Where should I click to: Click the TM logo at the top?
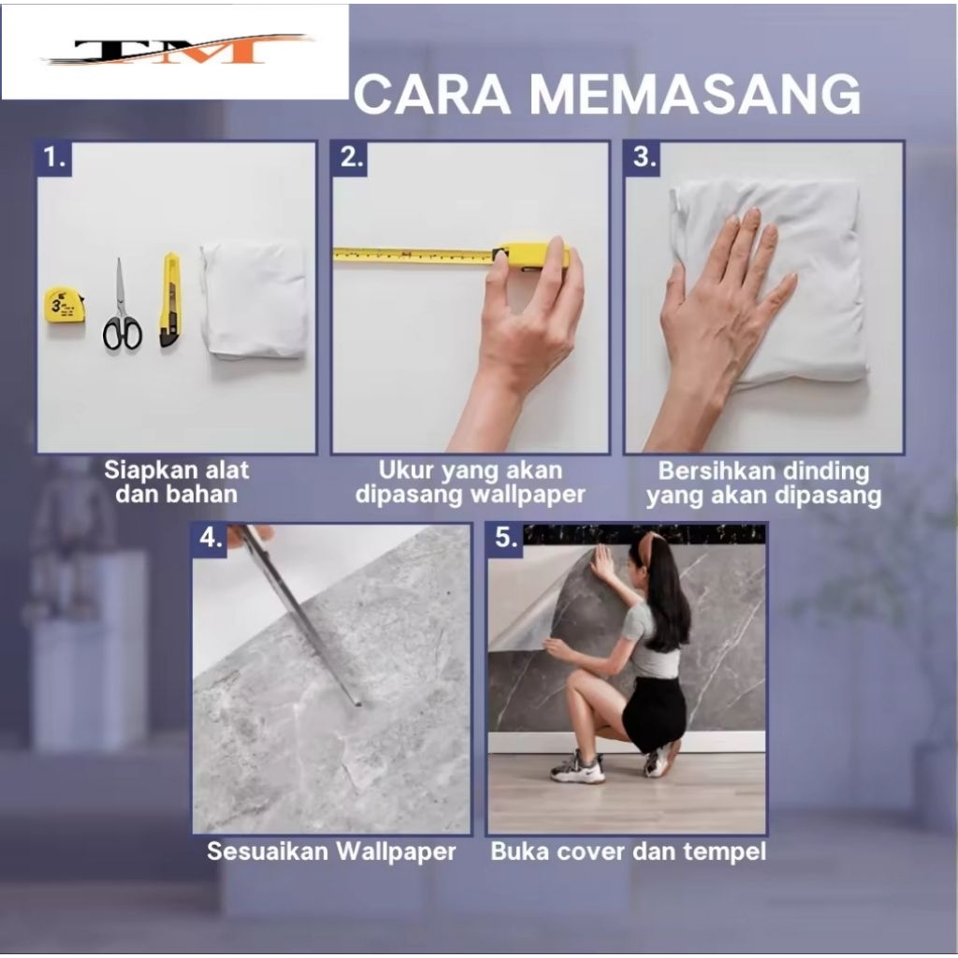point(177,51)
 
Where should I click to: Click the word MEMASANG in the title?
point(695,94)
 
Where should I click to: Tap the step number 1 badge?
point(54,159)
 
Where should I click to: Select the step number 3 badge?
point(643,158)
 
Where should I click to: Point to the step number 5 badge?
point(506,538)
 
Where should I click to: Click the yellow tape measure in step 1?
point(65,305)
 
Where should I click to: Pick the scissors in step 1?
point(122,306)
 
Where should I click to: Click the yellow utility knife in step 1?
point(170,300)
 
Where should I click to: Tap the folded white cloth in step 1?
point(254,299)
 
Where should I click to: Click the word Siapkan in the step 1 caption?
point(143,471)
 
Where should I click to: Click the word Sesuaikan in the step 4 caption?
point(267,851)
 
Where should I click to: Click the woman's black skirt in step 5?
point(654,713)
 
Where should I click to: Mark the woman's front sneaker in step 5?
point(576,767)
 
